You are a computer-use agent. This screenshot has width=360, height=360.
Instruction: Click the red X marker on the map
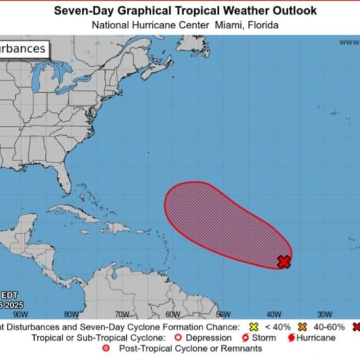coord(284,262)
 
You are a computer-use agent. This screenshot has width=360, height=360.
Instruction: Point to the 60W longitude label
coord(172,314)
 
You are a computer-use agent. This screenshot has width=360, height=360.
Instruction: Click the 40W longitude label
coord(274,314)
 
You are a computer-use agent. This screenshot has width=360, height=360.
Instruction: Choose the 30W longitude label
coord(324,314)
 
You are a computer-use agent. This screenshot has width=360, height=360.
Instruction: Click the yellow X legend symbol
coord(253,327)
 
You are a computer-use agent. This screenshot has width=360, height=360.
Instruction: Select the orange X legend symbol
coord(302,327)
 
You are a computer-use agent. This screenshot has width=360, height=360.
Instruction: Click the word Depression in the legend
coord(208,338)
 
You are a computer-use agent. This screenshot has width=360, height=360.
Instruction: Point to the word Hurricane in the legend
coord(316,338)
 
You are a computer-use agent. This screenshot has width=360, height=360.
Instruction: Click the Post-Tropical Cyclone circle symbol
coord(106,348)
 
